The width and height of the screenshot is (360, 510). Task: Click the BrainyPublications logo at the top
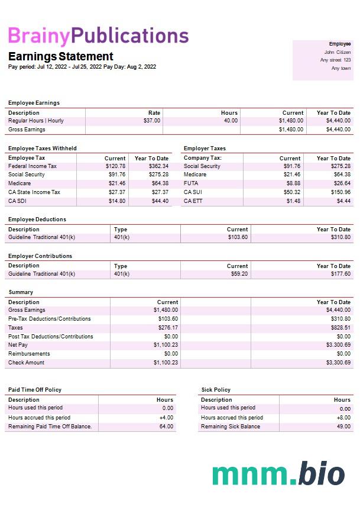tap(98, 36)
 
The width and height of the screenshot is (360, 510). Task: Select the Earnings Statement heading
tap(60, 56)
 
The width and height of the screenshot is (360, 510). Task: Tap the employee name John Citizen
tap(338, 52)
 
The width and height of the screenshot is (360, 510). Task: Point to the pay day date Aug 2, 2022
tap(144, 67)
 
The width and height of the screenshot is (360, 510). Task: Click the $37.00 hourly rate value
tap(152, 121)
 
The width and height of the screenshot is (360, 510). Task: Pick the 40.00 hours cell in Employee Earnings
tap(231, 121)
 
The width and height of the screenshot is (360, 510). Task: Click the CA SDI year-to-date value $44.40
tap(159, 201)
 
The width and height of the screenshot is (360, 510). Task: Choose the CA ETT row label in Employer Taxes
tap(193, 201)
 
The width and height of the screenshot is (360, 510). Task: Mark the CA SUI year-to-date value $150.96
tap(340, 192)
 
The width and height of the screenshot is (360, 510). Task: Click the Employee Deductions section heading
tap(37, 220)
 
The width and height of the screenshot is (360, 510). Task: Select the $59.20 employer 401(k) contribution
tap(239, 274)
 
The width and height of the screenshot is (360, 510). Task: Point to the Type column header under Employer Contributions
tap(121, 266)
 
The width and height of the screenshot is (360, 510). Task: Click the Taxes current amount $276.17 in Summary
tap(166, 328)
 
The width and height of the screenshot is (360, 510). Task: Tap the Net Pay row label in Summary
tap(18, 345)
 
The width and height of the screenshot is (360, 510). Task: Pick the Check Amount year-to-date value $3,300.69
tap(338, 363)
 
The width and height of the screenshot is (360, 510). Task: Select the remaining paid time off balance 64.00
tap(167, 427)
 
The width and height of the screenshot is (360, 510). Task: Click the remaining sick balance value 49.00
tap(343, 427)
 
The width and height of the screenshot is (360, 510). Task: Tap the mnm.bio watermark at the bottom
tap(278, 475)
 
